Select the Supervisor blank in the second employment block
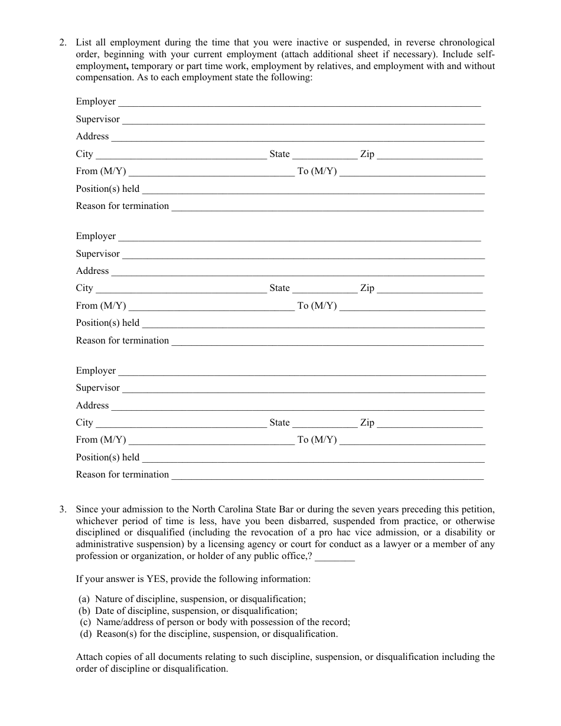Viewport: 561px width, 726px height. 304,254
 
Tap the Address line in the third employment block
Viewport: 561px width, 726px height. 298,406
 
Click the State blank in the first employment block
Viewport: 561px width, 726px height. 325,155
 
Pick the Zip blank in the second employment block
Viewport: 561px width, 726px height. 429,289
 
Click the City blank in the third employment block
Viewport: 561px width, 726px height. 181,423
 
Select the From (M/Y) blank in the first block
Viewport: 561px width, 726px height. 211,172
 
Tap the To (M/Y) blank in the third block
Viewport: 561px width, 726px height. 412,440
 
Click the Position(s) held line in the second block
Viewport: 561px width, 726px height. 313,323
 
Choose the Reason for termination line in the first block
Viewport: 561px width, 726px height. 327,207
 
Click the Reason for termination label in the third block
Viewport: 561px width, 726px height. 122,475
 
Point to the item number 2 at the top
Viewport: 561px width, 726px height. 63,42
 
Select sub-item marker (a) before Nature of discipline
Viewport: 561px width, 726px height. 84,599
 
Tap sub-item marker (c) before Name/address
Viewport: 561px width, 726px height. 86,622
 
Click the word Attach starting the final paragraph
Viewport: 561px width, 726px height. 89,657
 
